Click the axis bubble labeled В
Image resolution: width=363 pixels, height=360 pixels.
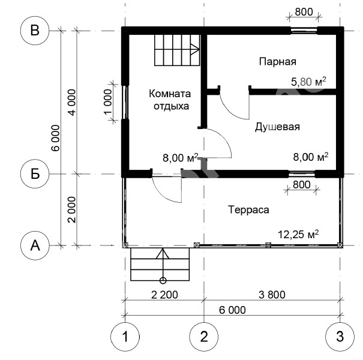(x=35, y=31)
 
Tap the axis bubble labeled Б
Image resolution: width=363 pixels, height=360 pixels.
(x=35, y=174)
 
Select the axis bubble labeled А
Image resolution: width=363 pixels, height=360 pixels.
(x=35, y=245)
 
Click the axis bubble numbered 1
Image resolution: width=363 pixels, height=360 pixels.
(x=125, y=337)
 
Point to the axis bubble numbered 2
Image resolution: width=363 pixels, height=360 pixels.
(x=204, y=337)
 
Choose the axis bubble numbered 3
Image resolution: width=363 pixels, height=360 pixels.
(x=340, y=337)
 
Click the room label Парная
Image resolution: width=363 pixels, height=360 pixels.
(x=278, y=62)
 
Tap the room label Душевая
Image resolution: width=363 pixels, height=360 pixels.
(x=277, y=127)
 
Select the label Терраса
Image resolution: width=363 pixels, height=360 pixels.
(x=248, y=210)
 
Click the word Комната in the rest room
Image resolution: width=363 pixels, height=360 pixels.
(x=170, y=94)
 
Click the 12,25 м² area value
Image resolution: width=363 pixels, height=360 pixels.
(x=298, y=235)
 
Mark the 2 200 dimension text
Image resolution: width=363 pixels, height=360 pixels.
(x=164, y=295)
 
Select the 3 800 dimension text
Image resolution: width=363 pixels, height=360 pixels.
(x=272, y=295)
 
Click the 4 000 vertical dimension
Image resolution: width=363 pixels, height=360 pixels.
(x=72, y=103)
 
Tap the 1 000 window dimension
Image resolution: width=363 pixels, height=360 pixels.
(x=108, y=102)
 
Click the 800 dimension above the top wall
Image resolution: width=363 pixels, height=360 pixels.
(x=304, y=12)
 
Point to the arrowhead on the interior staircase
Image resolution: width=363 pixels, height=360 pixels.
(x=196, y=49)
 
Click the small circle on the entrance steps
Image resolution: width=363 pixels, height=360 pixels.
(x=163, y=281)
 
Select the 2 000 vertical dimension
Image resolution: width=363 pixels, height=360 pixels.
(x=72, y=210)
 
